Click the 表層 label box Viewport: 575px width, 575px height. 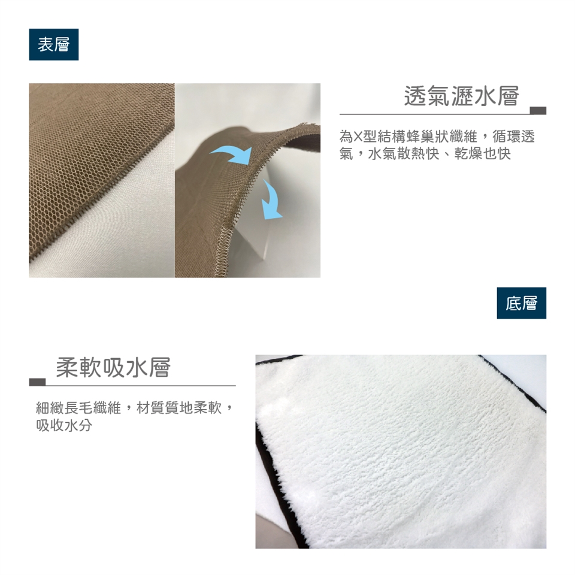point(53,44)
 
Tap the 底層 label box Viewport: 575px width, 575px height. point(522,303)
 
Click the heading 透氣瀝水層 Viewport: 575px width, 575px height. point(462,96)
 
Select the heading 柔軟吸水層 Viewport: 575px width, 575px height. point(113,367)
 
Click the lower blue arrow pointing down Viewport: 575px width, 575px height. point(272,200)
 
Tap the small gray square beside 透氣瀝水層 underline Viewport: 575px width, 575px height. point(538,110)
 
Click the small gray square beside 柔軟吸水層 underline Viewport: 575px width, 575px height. point(37,382)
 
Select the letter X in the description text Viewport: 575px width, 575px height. point(357,137)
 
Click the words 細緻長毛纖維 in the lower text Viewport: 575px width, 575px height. point(78,408)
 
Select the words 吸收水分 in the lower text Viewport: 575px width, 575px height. point(64,425)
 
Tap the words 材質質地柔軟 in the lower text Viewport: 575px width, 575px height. point(178,408)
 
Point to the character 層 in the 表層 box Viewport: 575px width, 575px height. point(61,45)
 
